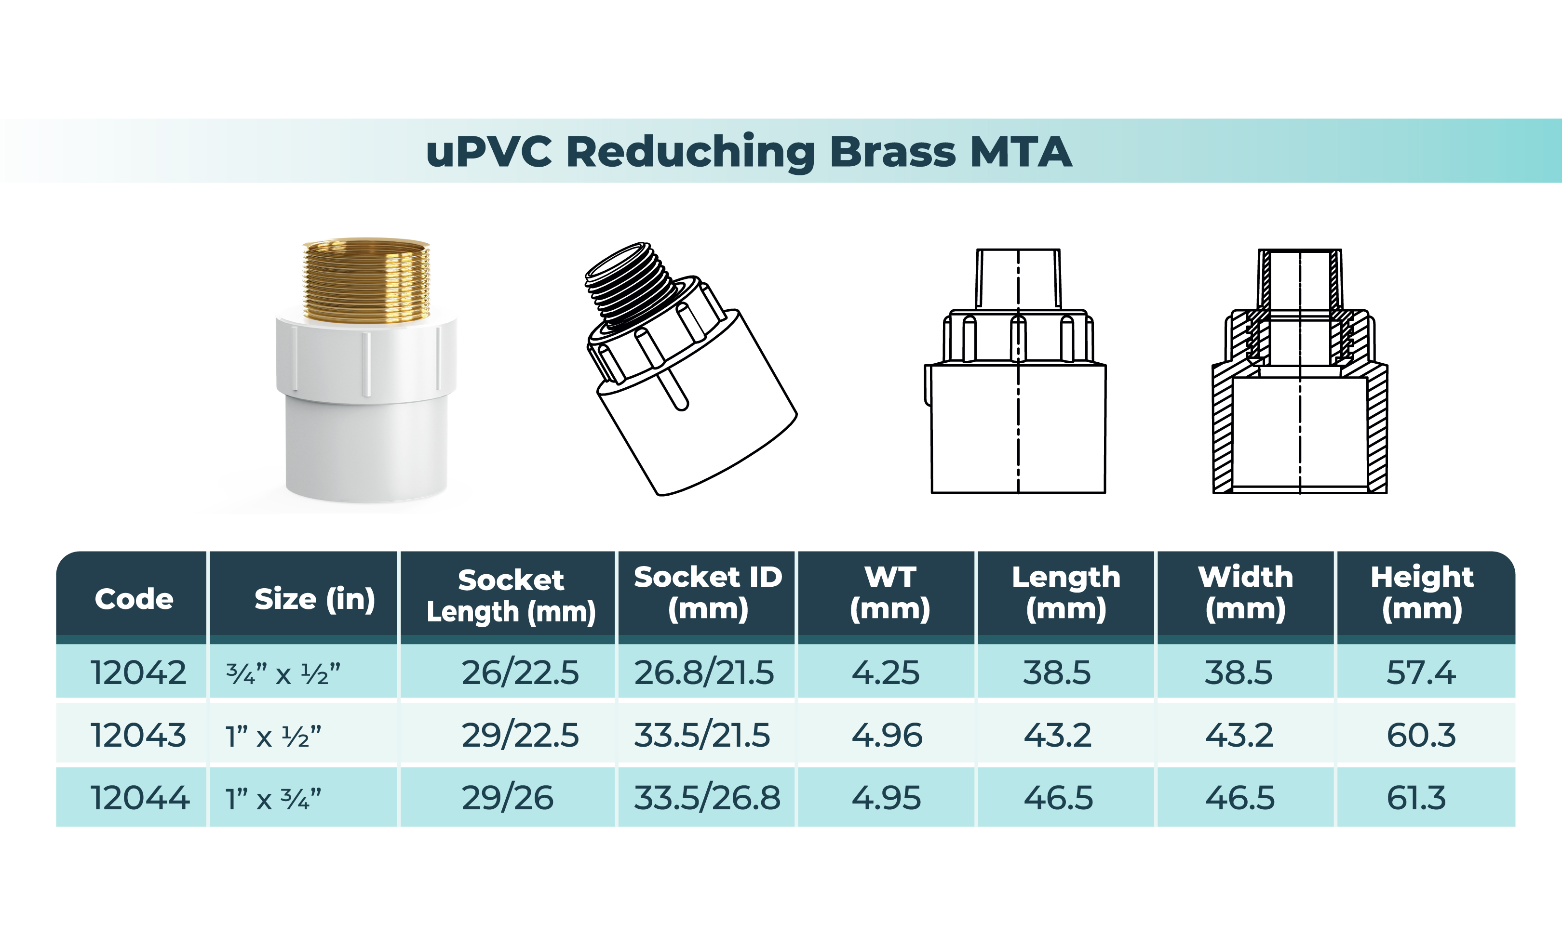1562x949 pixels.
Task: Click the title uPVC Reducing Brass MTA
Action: click(749, 152)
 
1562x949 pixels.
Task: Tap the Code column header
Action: click(134, 599)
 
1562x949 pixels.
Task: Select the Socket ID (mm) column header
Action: click(708, 593)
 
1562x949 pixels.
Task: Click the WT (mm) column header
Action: click(890, 593)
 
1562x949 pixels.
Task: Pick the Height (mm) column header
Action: click(1422, 593)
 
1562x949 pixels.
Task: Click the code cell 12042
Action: click(138, 672)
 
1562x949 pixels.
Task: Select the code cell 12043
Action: click(138, 735)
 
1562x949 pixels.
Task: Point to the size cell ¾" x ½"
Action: click(283, 673)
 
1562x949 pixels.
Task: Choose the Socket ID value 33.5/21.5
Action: click(702, 735)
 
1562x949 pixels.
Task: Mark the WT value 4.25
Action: click(885, 672)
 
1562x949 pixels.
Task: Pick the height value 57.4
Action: click(1421, 672)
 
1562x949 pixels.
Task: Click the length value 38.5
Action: click(1057, 672)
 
